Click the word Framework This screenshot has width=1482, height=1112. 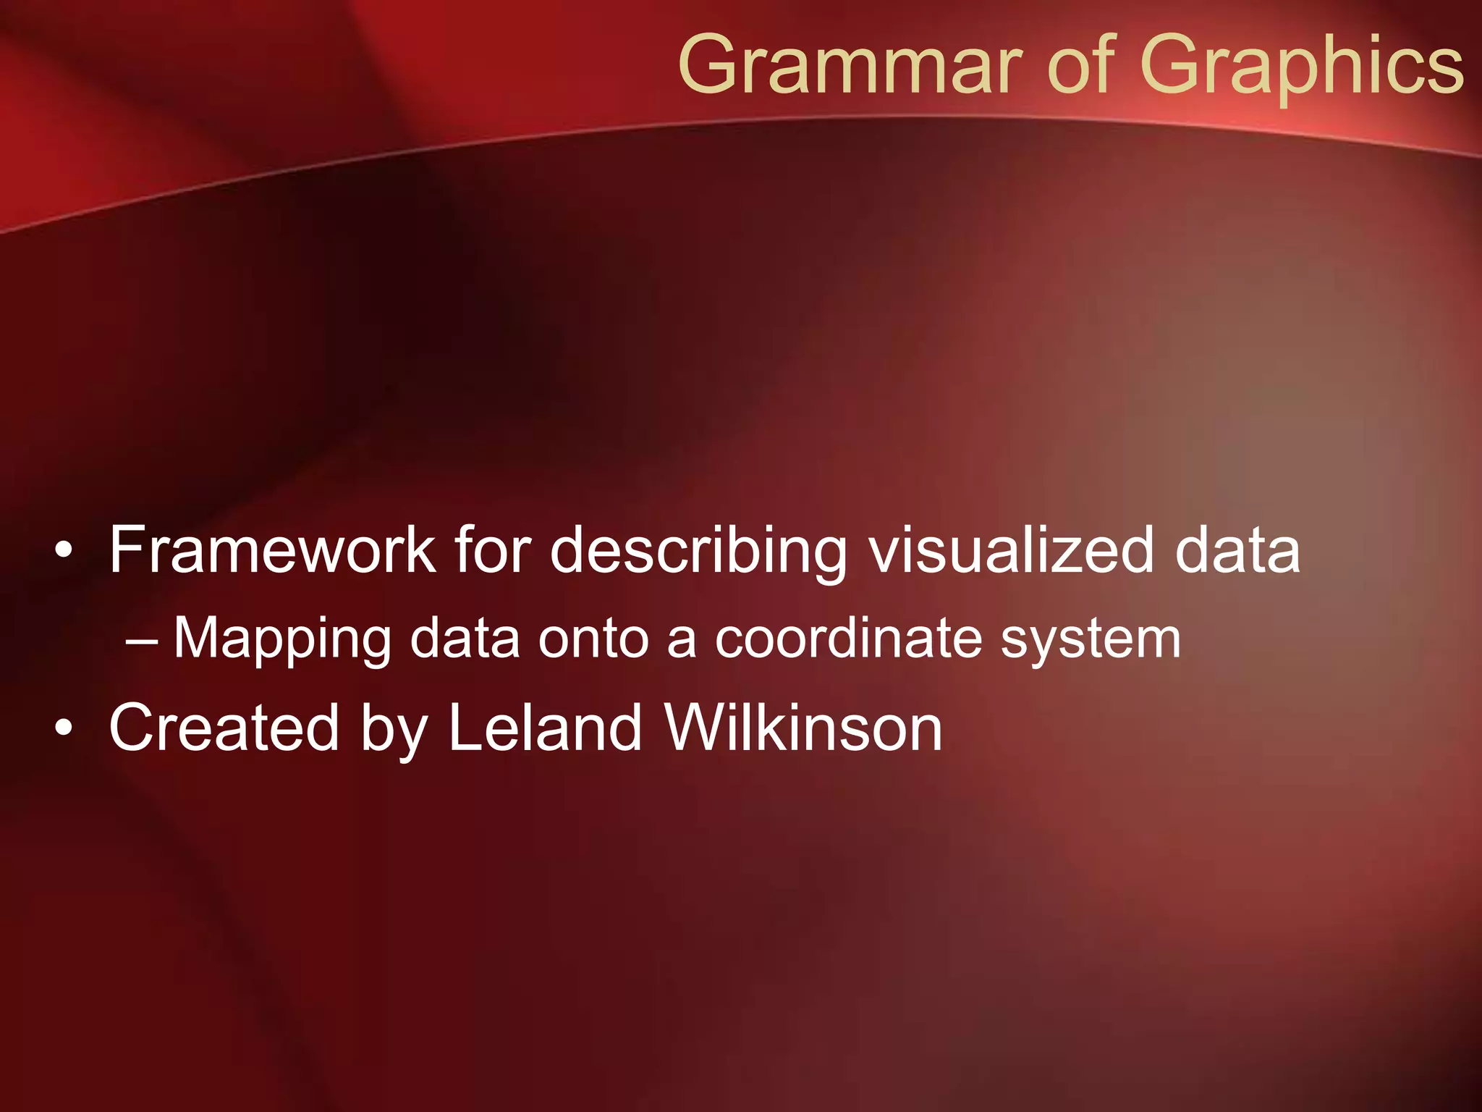pyautogui.click(x=272, y=550)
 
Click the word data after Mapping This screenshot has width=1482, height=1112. pyautogui.click(x=465, y=639)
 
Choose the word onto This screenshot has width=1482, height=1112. pyautogui.click(x=593, y=639)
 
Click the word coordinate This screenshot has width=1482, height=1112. pyautogui.click(x=847, y=639)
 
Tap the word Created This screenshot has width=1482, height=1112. pyautogui.click(x=224, y=728)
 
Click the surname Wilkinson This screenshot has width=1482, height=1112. pyautogui.click(x=803, y=728)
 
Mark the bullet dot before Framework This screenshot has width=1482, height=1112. pyautogui.click(x=64, y=552)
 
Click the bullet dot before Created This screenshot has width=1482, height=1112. pyautogui.click(x=64, y=730)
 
